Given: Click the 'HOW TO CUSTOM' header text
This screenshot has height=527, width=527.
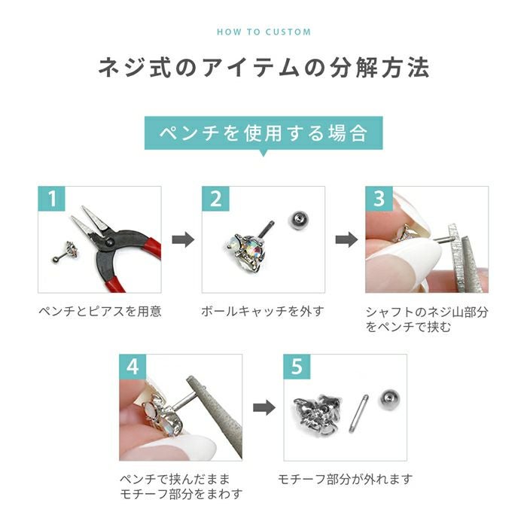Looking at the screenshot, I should pyautogui.click(x=263, y=32).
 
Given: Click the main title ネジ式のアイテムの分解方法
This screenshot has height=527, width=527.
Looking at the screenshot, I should pyautogui.click(x=263, y=69).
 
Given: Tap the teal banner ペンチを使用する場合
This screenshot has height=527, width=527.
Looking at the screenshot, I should pyautogui.click(x=263, y=133).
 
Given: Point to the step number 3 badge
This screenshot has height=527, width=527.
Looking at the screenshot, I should pyautogui.click(x=379, y=200).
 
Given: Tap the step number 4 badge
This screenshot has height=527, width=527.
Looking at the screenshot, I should pyautogui.click(x=134, y=367).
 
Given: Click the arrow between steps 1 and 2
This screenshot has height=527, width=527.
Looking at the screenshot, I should pyautogui.click(x=181, y=240).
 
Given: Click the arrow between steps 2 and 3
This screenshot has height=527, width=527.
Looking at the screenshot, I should pyautogui.click(x=345, y=240).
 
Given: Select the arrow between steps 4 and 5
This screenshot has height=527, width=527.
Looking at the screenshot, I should pyautogui.click(x=263, y=407).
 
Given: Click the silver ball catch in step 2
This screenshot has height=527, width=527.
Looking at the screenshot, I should pyautogui.click(x=298, y=220).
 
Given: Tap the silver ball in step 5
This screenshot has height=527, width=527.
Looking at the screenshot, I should pyautogui.click(x=388, y=399).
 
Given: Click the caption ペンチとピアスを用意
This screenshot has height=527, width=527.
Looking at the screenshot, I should pyautogui.click(x=99, y=311).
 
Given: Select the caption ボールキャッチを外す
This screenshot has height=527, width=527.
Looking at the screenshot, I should pyautogui.click(x=263, y=311).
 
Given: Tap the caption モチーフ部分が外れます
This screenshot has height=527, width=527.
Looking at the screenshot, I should pyautogui.click(x=345, y=479).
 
